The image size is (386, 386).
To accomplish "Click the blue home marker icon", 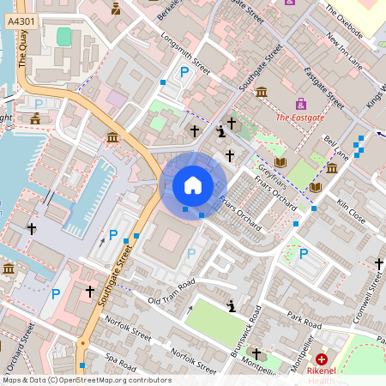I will click(x=193, y=184).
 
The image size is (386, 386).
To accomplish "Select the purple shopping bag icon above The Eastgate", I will click(x=289, y=3).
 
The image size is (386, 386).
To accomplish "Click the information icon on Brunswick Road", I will click(x=231, y=305).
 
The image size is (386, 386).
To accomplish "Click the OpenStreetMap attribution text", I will click(x=86, y=380).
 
